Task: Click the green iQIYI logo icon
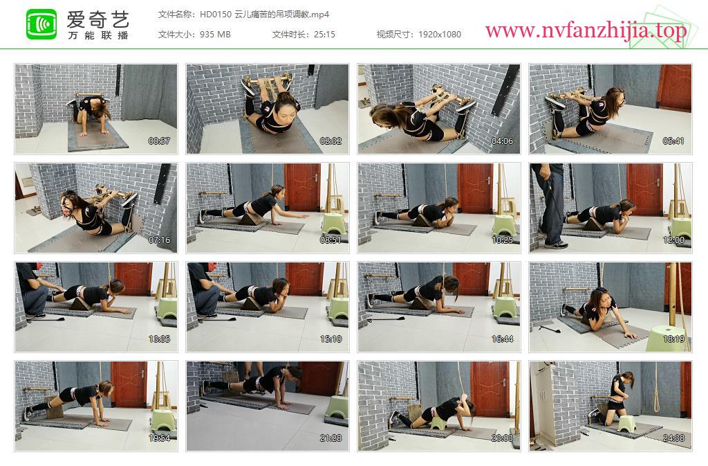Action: point(41,24)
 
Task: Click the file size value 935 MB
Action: point(215,35)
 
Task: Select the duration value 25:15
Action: point(324,35)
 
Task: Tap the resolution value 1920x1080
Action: point(439,35)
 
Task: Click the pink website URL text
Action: point(586,30)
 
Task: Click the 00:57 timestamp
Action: point(159,141)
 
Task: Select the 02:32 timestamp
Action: point(330,141)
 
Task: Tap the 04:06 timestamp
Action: point(502,141)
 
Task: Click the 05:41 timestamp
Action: point(673,141)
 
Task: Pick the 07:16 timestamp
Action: point(159,240)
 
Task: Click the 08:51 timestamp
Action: point(330,240)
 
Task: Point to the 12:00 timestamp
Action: point(673,240)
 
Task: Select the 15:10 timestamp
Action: point(330,339)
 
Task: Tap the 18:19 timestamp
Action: point(673,339)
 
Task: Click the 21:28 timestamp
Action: point(330,438)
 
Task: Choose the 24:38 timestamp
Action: point(673,438)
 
